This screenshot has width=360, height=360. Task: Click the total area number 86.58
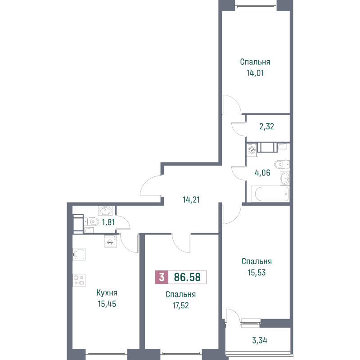pos(187,277)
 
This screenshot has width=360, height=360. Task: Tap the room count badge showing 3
pos(162,277)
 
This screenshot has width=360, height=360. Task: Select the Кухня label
pos(107,293)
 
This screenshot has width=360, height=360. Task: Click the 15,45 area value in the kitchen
pos(107,304)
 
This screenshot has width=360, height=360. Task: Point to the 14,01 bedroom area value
pos(255,73)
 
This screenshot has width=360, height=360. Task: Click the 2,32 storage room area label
pos(267,126)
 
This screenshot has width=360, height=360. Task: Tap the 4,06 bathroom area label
pos(262,173)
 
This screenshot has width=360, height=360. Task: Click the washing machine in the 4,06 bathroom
pos(252,150)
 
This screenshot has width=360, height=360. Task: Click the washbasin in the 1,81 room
pos(105,210)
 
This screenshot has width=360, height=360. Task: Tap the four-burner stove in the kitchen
pos(79,280)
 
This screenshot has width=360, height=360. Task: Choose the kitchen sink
pos(79,254)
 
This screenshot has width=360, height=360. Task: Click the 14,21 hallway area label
pos(191,200)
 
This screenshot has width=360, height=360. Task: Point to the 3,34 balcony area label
pos(260,341)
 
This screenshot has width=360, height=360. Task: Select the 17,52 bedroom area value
pos(181,306)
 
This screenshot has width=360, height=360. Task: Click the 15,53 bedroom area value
pos(256,273)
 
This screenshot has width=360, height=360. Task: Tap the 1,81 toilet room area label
pos(108,222)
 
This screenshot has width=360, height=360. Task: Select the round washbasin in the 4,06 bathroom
pos(285,178)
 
